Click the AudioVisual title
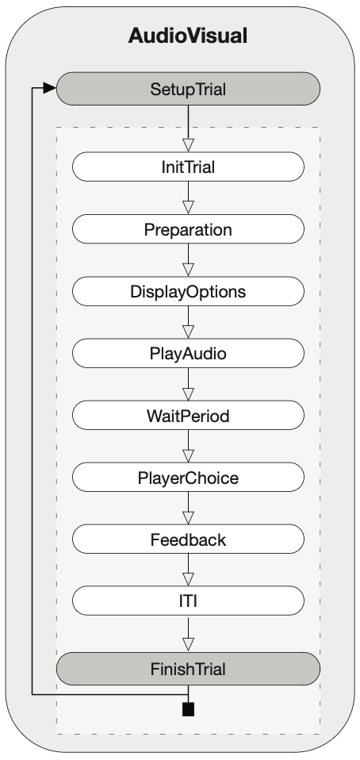tap(188, 36)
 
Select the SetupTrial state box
tap(188, 89)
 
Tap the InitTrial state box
tap(188, 167)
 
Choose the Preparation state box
tap(188, 228)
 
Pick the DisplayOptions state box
tap(188, 291)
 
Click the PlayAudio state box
tap(188, 353)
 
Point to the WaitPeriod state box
tap(188, 416)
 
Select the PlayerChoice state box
tap(188, 478)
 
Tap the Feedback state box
tap(188, 539)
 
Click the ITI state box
tap(188, 601)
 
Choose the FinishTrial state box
tap(188, 669)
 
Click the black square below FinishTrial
tap(188, 709)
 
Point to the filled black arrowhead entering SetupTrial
tap(49, 88)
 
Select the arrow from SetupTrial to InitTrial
tap(188, 129)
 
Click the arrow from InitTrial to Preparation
tap(188, 198)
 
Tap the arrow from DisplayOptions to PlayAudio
tap(188, 322)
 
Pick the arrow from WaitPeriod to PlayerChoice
tap(188, 447)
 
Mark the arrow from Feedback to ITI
tap(188, 570)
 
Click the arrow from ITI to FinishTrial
tap(188, 634)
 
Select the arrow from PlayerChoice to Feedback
tap(188, 509)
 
